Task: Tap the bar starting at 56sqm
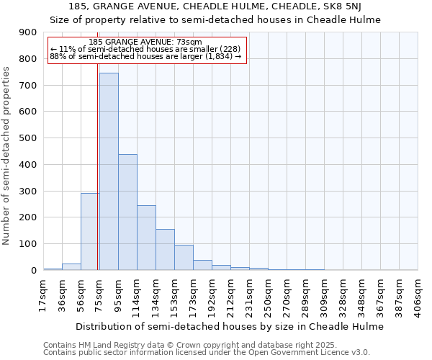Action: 90,231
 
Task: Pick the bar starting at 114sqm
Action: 146,238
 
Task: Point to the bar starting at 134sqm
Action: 165,249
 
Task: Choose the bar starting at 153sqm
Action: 184,257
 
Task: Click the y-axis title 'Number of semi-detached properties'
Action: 7,156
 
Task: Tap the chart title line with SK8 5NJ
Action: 215,7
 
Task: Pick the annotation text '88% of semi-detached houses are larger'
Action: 146,56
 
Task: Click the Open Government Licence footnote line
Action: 206,352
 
